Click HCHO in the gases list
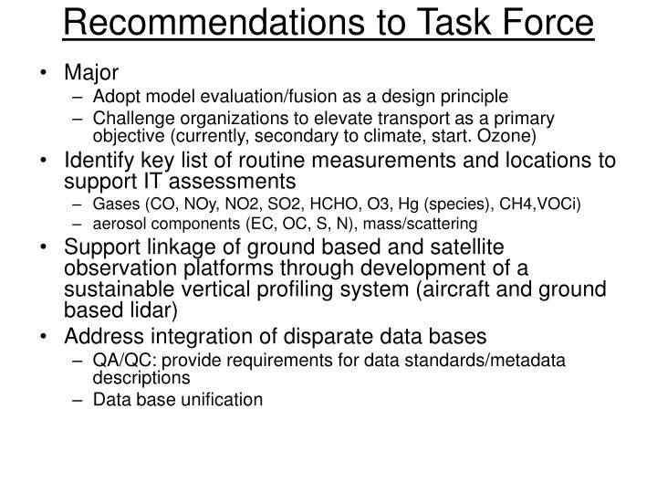[x=301, y=202]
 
